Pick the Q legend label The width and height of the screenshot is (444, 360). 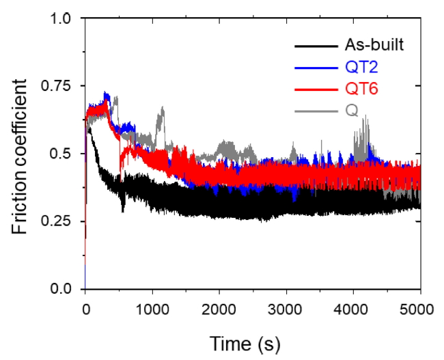coord(351,109)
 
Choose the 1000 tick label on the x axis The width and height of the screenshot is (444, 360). coord(152,309)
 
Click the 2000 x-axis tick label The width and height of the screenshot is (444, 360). coord(219,309)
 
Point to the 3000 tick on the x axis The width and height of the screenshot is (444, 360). coord(286,309)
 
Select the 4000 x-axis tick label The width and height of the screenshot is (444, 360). coord(352,309)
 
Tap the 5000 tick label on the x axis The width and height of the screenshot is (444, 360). coord(419,309)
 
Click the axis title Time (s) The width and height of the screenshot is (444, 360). coord(244,341)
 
